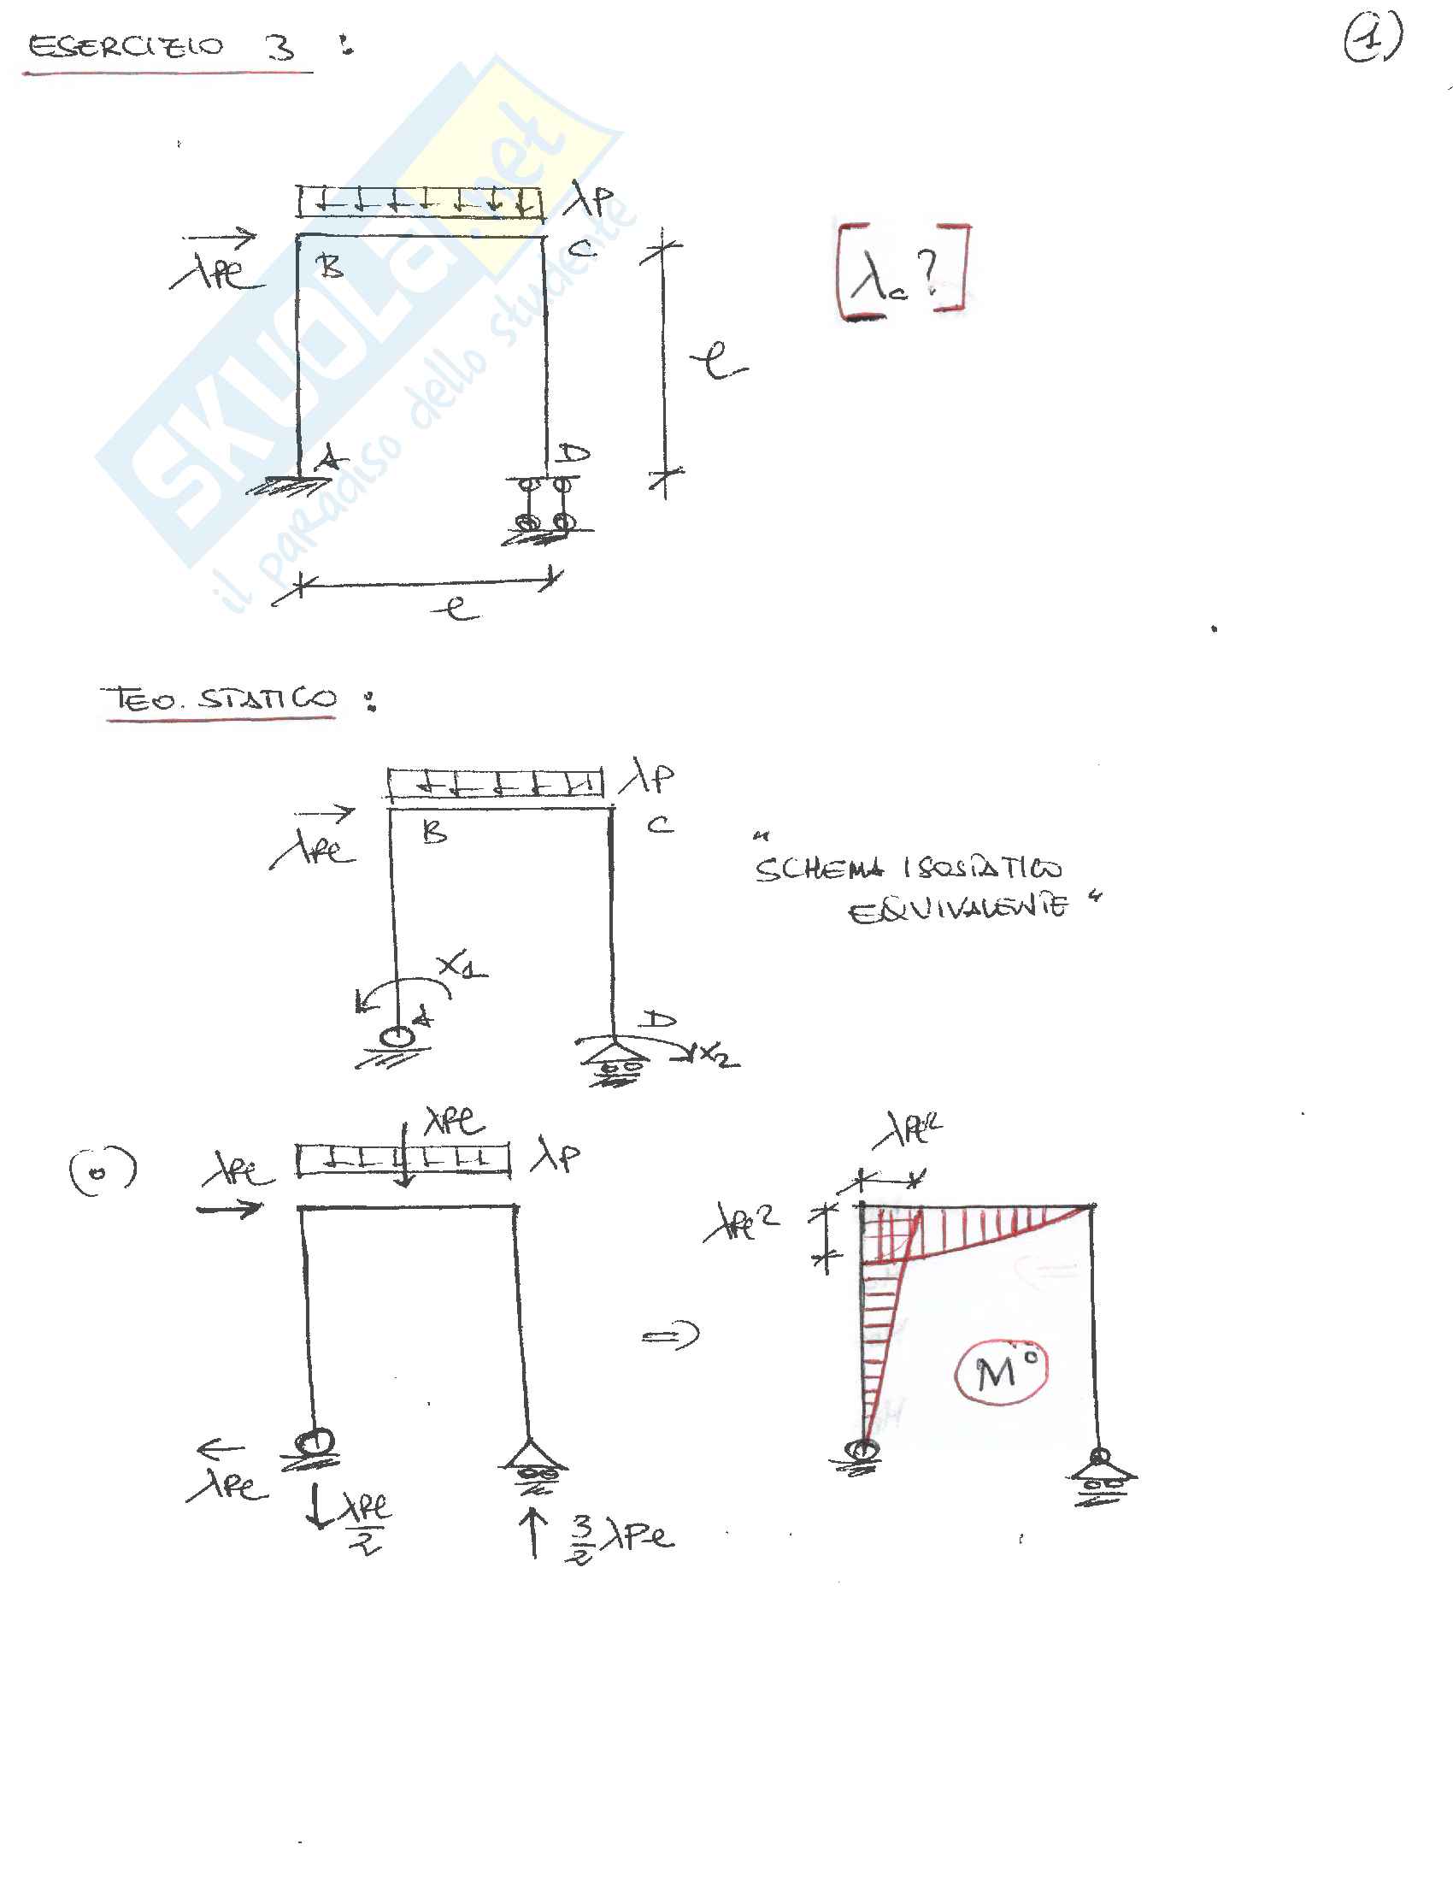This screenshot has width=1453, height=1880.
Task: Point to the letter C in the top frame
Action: pos(582,250)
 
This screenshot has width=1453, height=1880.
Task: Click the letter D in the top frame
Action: pos(573,454)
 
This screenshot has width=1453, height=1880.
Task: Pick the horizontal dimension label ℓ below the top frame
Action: pos(456,608)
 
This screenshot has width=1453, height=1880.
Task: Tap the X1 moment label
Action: pos(461,968)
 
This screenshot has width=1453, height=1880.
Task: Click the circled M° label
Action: pos(1001,1370)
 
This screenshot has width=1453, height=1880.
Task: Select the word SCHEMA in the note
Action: pos(820,869)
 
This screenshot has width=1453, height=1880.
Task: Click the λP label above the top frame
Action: pos(590,201)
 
